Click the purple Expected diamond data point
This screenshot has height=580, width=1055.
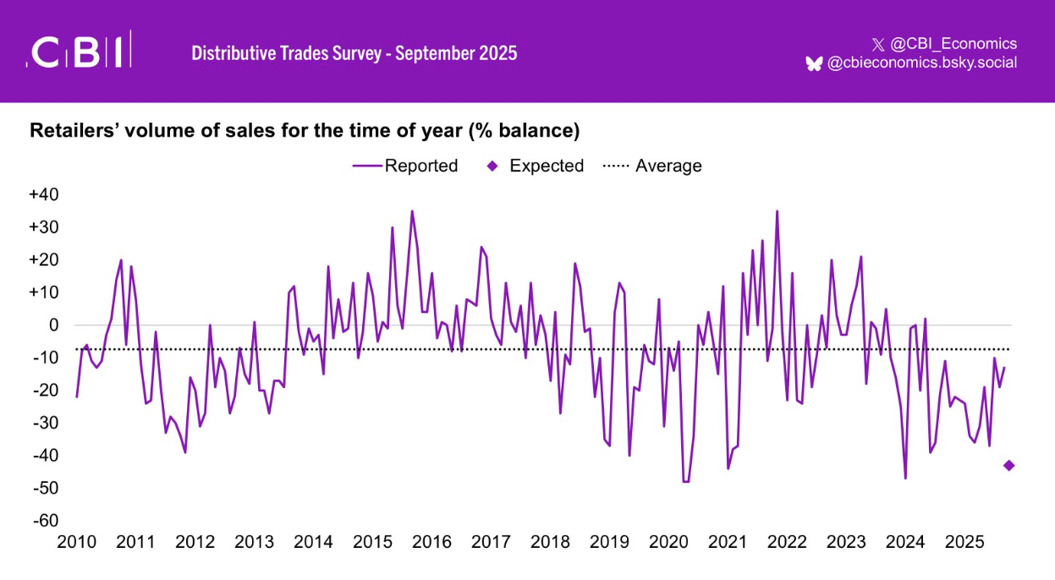[x=1008, y=465]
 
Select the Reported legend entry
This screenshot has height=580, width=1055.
[x=405, y=166]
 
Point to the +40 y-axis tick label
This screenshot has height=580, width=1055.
[x=43, y=194]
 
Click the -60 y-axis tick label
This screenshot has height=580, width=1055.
[x=44, y=520]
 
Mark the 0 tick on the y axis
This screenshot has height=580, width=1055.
[x=53, y=325]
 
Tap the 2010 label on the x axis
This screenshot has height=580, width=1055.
[x=77, y=542]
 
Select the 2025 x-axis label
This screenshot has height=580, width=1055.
[x=964, y=542]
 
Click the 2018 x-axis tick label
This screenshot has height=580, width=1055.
[x=551, y=542]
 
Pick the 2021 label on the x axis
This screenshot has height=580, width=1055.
[x=728, y=542]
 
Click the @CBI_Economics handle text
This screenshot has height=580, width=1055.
[x=953, y=44]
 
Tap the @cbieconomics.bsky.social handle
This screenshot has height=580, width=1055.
[x=922, y=63]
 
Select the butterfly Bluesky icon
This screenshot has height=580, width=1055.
[x=814, y=63]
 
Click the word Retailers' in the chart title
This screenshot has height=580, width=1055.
[x=70, y=131]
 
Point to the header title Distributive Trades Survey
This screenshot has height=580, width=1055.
[x=284, y=53]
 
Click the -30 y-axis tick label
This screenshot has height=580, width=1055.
[x=44, y=422]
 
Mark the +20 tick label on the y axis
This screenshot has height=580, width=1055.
[x=43, y=260]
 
